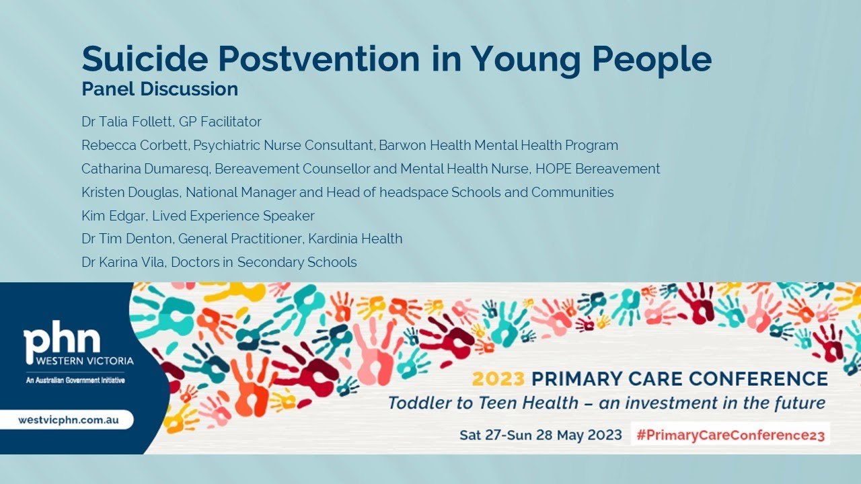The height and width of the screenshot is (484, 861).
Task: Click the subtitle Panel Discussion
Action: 159,89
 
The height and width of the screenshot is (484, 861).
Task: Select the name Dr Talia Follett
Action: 126,122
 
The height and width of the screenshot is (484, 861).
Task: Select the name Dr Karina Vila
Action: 123,262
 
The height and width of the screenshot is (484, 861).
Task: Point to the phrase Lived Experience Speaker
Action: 233,216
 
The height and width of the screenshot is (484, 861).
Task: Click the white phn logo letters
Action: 62,342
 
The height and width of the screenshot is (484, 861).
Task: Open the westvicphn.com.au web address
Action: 69,419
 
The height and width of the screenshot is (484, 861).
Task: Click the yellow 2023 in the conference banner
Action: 497,378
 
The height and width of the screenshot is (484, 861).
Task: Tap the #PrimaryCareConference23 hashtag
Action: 730,435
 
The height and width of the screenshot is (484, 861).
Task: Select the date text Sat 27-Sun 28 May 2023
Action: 540,435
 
